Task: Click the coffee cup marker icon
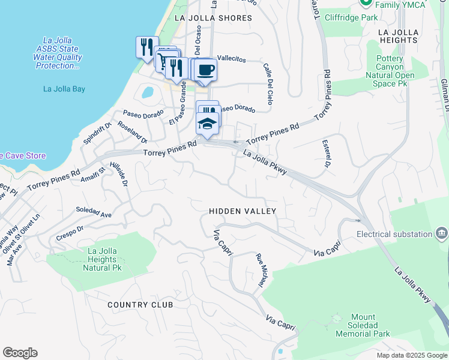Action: (206, 70)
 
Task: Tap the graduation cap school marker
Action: (207, 124)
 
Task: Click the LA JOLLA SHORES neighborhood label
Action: (213, 18)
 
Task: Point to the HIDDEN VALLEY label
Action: (243, 211)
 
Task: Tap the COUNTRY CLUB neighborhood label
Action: (140, 305)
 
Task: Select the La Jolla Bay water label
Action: (64, 89)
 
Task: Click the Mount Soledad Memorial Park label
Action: (363, 325)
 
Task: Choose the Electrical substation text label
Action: (394, 234)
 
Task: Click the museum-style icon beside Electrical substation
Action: (442, 233)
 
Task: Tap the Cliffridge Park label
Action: (352, 17)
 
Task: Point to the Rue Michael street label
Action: (261, 269)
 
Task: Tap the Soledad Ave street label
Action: (94, 213)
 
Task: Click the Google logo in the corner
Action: (20, 353)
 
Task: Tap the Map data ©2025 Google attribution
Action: (411, 355)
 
